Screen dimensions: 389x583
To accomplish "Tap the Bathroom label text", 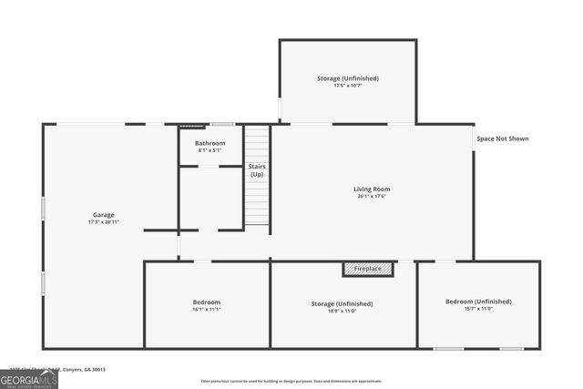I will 210,143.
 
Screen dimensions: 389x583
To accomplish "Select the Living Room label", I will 372,189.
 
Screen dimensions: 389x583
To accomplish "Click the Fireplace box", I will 368,269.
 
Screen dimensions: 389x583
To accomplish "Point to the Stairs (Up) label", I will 257,170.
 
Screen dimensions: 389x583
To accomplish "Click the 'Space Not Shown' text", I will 502,138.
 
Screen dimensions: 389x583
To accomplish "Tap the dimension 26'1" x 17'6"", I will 372,196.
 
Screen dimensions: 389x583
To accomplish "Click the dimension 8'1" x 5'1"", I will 210,150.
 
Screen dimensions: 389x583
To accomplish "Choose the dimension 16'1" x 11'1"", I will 206,310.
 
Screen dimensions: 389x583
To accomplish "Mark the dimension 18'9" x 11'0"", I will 342,309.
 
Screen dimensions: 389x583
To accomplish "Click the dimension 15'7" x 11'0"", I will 478,309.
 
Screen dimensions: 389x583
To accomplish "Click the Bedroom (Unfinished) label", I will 478,302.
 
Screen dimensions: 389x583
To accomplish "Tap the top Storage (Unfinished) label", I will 348,78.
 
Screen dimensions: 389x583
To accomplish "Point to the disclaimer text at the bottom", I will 291,382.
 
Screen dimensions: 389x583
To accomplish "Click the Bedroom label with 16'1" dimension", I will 206,302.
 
